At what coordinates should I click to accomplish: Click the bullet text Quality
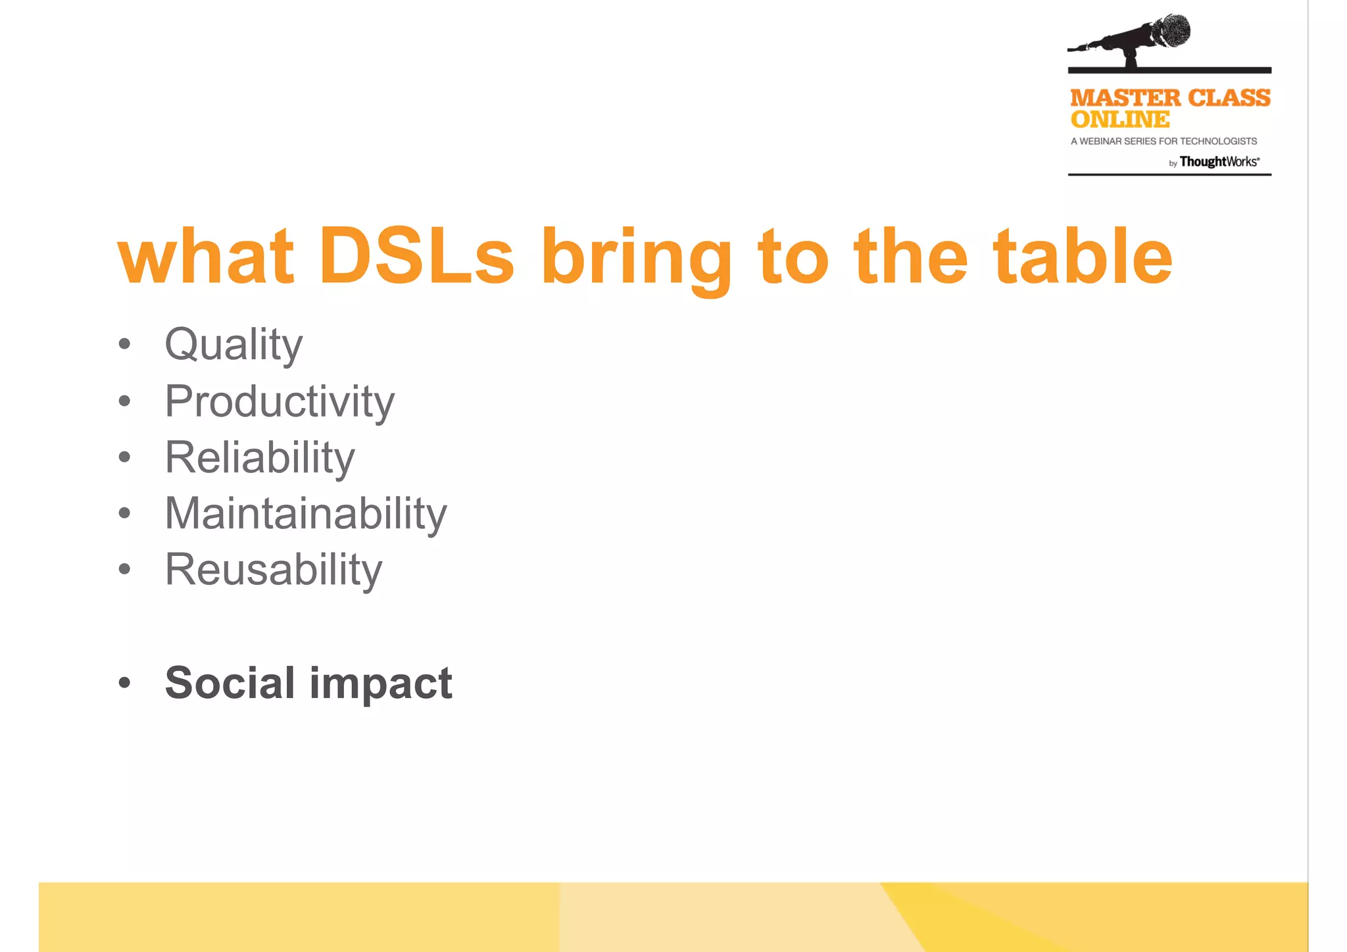click(x=233, y=345)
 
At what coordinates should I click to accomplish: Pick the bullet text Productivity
click(x=280, y=401)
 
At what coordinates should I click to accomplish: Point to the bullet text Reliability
click(x=260, y=457)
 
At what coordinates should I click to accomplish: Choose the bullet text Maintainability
click(x=306, y=513)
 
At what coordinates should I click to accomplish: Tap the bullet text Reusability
click(x=273, y=570)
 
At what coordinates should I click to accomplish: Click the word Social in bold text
click(x=230, y=683)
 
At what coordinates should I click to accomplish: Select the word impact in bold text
click(x=381, y=684)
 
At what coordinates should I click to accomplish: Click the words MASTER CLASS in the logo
click(x=1170, y=98)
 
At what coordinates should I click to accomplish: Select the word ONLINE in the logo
click(x=1120, y=120)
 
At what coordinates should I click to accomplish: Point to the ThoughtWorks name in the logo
click(x=1219, y=162)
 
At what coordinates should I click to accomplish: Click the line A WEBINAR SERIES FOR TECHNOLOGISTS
click(x=1163, y=141)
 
